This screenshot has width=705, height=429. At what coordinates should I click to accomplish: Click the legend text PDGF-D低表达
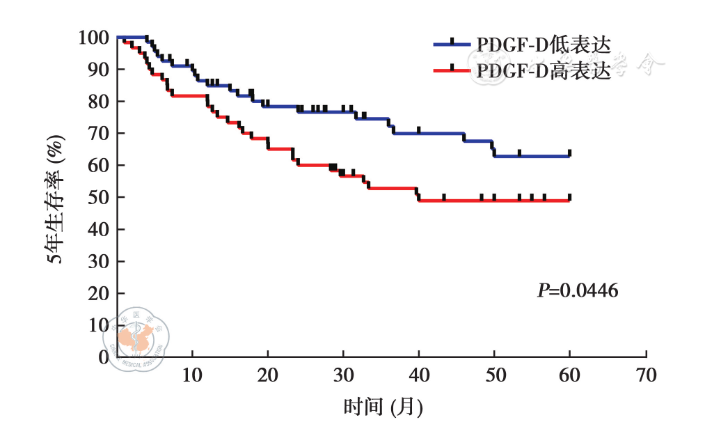544,44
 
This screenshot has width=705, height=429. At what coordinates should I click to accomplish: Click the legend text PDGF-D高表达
544,70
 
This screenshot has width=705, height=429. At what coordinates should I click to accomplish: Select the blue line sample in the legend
452,44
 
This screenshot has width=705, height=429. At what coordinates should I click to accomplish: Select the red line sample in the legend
452,70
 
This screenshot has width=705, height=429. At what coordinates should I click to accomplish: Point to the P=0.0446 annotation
577,290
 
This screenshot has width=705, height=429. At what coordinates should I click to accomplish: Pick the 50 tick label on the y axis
97,197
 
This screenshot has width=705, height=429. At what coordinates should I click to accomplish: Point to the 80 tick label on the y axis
97,101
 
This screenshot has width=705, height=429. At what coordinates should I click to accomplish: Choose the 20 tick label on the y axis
97,293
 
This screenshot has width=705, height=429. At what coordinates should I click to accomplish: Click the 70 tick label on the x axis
646,375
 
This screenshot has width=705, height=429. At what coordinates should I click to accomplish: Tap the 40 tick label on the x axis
419,375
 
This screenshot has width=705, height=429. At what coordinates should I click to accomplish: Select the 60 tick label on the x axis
570,375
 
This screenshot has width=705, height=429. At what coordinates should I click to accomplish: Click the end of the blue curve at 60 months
569,156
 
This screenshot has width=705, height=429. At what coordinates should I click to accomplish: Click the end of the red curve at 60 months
569,201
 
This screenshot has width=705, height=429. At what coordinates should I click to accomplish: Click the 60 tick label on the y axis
97,165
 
